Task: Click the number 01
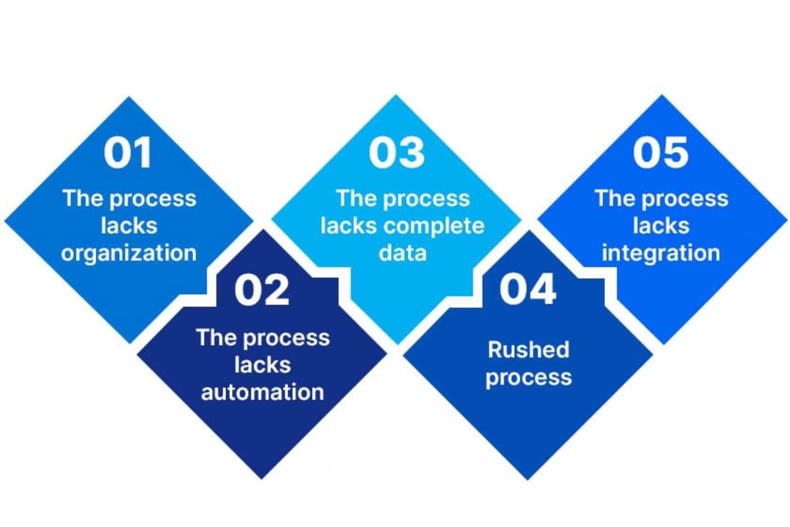click(x=128, y=152)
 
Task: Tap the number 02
click(x=262, y=290)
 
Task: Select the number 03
click(x=396, y=152)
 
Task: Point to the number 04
click(x=527, y=289)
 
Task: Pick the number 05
click(x=660, y=152)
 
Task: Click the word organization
click(x=129, y=254)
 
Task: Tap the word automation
click(x=263, y=392)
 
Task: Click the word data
click(x=402, y=253)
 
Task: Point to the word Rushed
click(x=529, y=349)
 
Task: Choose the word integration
click(x=661, y=254)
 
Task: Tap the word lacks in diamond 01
click(x=129, y=225)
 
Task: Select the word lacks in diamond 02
click(x=263, y=364)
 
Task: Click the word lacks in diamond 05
click(x=661, y=225)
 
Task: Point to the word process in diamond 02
click(x=286, y=339)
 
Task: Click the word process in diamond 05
click(x=685, y=200)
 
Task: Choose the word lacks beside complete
click(x=349, y=226)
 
